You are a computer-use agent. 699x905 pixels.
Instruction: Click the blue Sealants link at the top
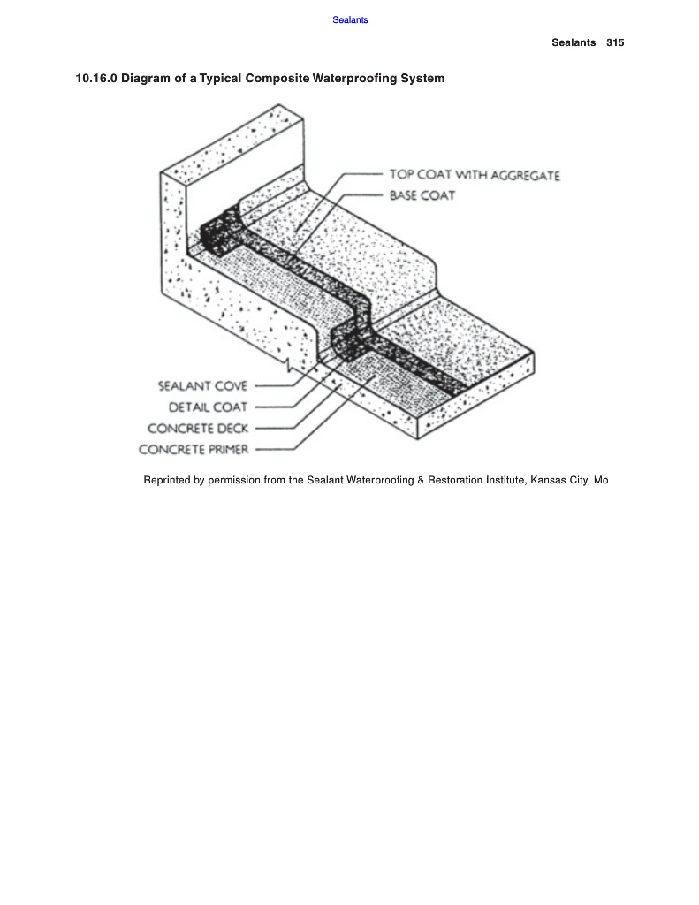pyautogui.click(x=350, y=20)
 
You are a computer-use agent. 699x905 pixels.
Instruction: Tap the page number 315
pyautogui.click(x=615, y=42)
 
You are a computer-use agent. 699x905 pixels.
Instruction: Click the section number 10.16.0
pyautogui.click(x=96, y=79)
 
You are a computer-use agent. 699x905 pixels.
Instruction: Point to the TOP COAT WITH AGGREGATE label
pyautogui.click(x=475, y=175)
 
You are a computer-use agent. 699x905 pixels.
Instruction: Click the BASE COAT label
pyautogui.click(x=422, y=195)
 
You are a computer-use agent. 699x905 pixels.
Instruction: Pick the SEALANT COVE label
pyautogui.click(x=202, y=386)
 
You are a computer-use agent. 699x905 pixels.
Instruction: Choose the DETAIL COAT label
pyautogui.click(x=208, y=407)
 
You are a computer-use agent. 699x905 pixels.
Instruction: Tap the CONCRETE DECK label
pyautogui.click(x=198, y=429)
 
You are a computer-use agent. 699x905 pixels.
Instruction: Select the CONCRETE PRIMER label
pyautogui.click(x=194, y=450)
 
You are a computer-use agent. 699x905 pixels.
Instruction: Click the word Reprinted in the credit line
pyautogui.click(x=166, y=482)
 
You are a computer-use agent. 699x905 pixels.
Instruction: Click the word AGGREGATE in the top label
pyautogui.click(x=527, y=175)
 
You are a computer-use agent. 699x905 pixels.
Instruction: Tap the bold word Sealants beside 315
pyautogui.click(x=574, y=42)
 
